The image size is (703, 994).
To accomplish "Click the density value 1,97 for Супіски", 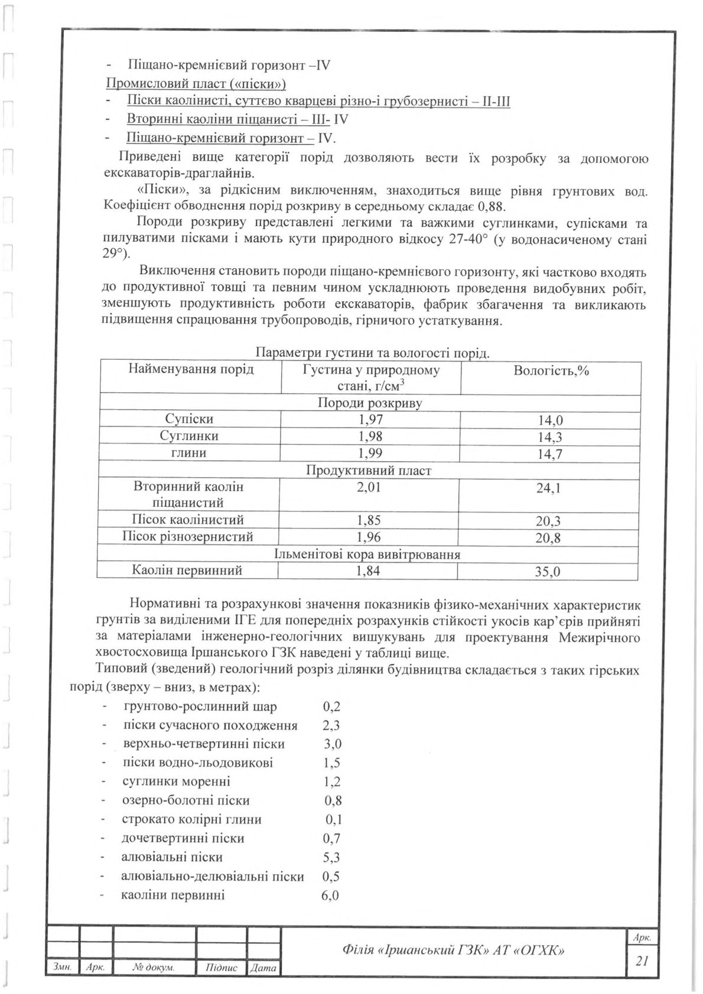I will pos(370,419).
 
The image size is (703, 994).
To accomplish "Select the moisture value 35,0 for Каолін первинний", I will pos(549,572).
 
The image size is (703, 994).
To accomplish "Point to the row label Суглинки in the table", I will pos(189,436).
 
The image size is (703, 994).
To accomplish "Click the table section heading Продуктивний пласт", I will pos(369,471).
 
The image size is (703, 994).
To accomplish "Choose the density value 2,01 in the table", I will pos(370,487).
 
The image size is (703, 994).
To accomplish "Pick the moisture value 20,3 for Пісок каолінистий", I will pos(549,521).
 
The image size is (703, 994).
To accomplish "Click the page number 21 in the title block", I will pos(642,961).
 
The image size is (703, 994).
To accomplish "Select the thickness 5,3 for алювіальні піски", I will pos(331,857).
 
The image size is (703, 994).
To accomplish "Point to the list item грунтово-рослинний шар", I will pos(200,706).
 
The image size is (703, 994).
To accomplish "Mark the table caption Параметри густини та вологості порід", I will pos(372,353).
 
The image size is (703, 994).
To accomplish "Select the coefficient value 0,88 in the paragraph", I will pos(493,207).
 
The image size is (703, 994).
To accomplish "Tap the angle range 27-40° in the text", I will pos(463,240).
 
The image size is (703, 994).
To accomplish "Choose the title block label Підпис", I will pos(222,967).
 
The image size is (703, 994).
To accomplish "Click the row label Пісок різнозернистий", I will pos(188,537).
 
